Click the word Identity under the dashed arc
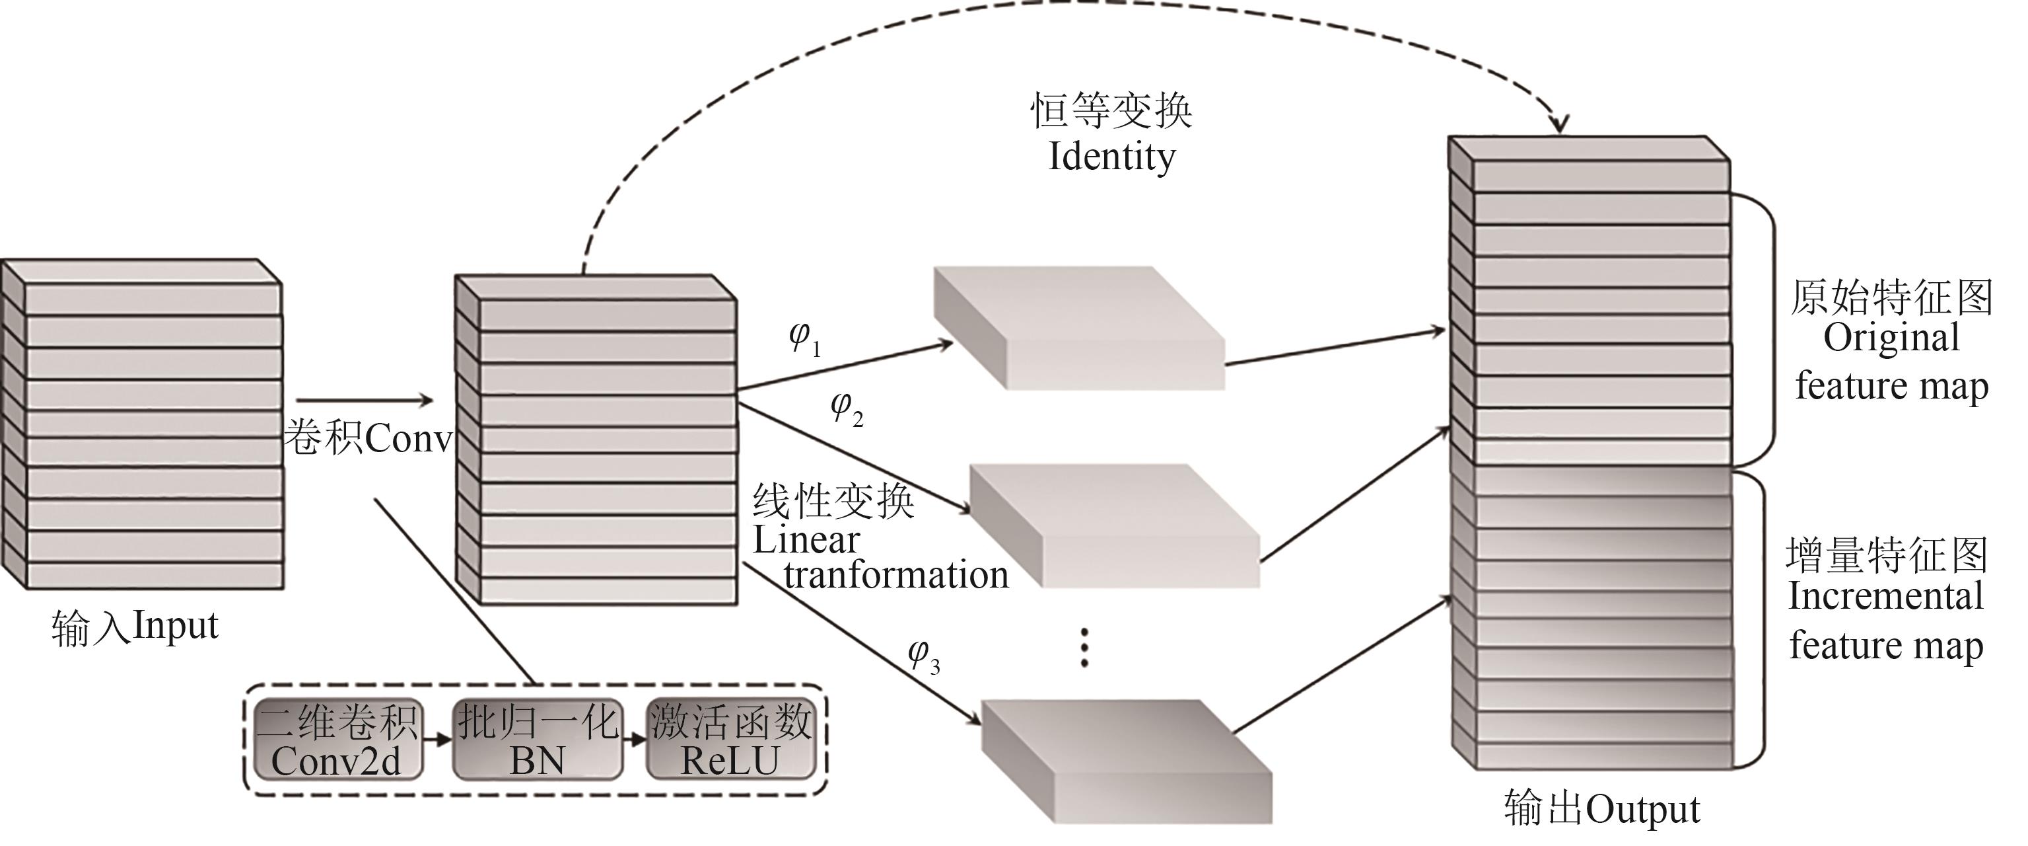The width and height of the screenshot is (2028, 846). [1111, 157]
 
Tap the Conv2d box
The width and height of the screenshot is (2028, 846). [337, 740]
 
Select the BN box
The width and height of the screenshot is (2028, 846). [538, 740]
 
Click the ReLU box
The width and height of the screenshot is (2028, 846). [730, 740]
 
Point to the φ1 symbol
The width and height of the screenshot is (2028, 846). [804, 338]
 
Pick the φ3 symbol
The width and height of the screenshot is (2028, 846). [923, 656]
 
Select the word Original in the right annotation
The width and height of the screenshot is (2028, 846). [1891, 338]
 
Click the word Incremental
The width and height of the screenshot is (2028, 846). [1885, 596]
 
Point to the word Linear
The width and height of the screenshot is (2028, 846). [806, 541]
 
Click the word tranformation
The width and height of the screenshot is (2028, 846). [896, 575]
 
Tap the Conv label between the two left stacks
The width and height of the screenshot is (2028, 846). [409, 438]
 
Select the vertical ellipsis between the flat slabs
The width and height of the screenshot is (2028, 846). [1084, 648]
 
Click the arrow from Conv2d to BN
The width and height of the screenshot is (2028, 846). [438, 740]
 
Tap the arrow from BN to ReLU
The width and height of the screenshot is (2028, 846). [634, 740]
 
